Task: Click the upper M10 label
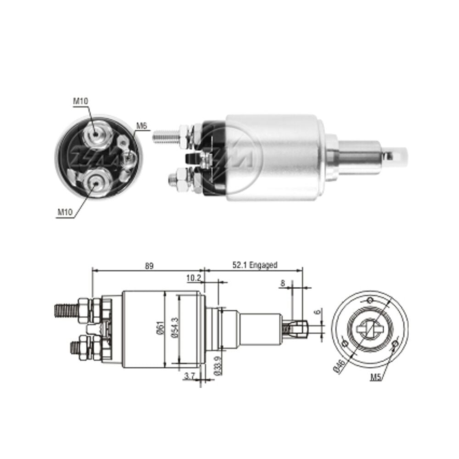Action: click(x=80, y=101)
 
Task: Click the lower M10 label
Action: click(x=65, y=212)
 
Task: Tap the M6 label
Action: click(x=141, y=126)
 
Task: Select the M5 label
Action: click(x=376, y=377)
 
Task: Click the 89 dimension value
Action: click(x=149, y=266)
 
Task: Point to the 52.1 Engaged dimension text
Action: click(x=255, y=265)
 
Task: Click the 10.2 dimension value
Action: click(x=194, y=278)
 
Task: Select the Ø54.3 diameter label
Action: click(x=175, y=328)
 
